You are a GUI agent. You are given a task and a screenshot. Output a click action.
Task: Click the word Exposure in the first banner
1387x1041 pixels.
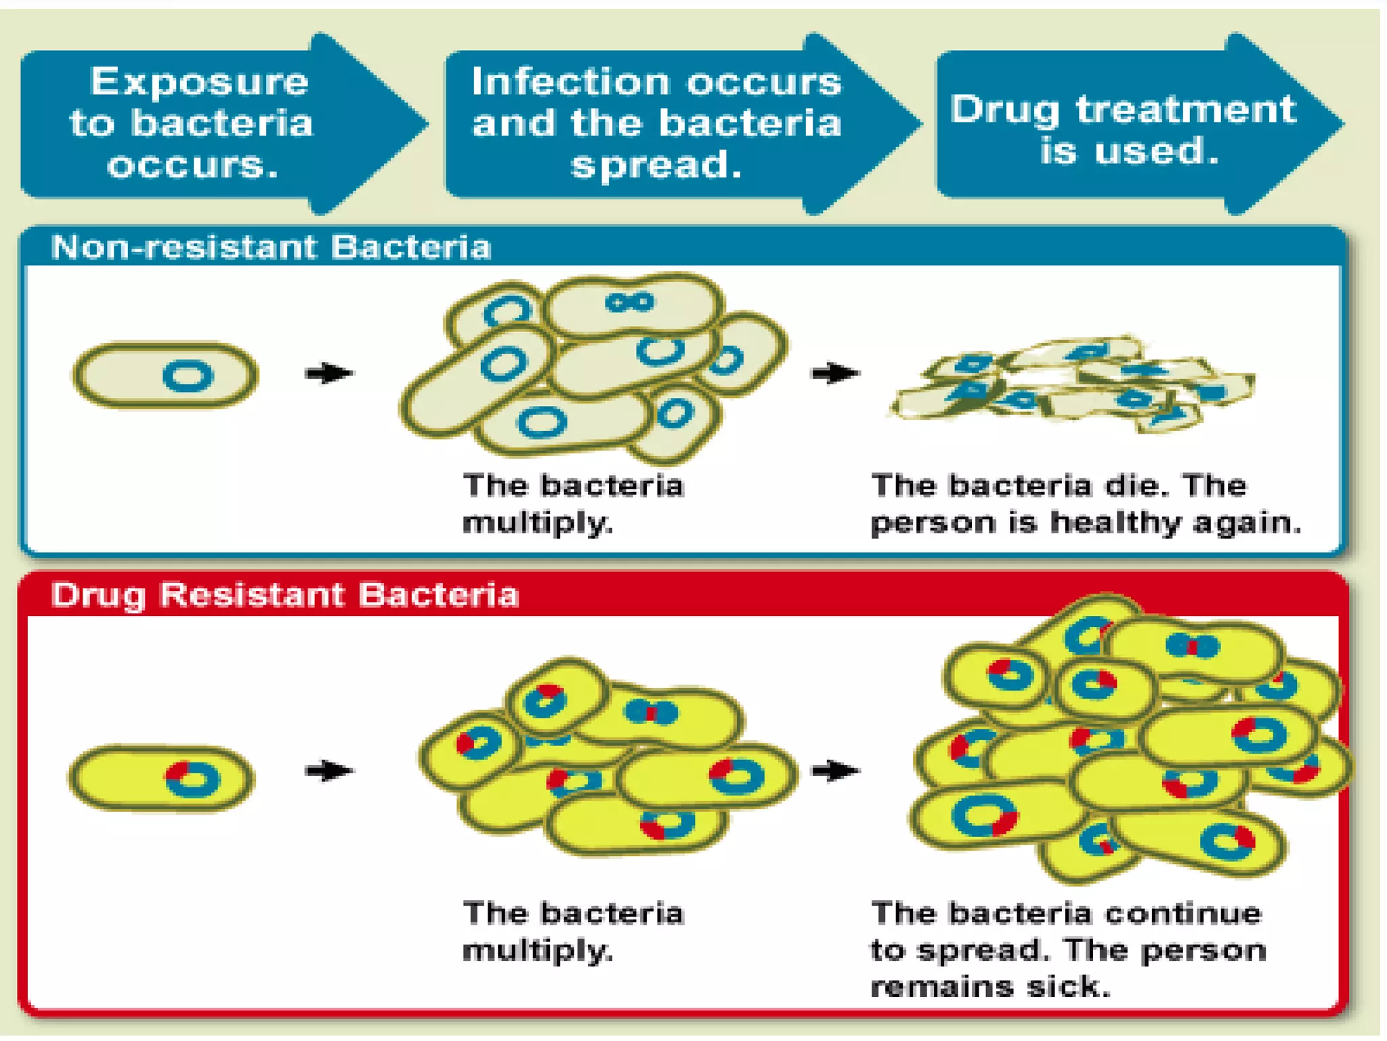pos(200,82)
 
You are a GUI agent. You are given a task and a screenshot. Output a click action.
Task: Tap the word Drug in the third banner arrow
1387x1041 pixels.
pos(1004,110)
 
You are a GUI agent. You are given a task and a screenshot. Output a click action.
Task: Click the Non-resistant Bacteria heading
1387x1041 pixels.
pos(271,247)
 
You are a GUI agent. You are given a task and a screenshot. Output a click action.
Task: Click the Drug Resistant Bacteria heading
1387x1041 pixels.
pos(284,595)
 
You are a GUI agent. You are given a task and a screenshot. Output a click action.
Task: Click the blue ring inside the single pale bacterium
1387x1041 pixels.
pos(188,376)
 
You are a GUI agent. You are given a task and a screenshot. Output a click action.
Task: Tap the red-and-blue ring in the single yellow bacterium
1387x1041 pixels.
pos(192,779)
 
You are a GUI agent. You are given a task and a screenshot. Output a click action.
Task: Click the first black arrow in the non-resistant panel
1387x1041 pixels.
pos(329,373)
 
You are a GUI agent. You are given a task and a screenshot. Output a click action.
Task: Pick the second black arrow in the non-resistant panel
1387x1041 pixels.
pos(836,373)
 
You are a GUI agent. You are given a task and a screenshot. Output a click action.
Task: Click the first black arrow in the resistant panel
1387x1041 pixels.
pos(329,771)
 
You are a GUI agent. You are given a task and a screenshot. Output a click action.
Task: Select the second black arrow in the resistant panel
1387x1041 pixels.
pos(836,771)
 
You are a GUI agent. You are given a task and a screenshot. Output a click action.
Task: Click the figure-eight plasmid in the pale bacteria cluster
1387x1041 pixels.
pos(630,302)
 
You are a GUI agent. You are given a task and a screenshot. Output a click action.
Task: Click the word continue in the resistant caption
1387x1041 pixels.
pos(1183,914)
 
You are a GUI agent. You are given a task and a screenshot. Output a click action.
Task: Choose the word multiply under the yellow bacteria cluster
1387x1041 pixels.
pos(537,951)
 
